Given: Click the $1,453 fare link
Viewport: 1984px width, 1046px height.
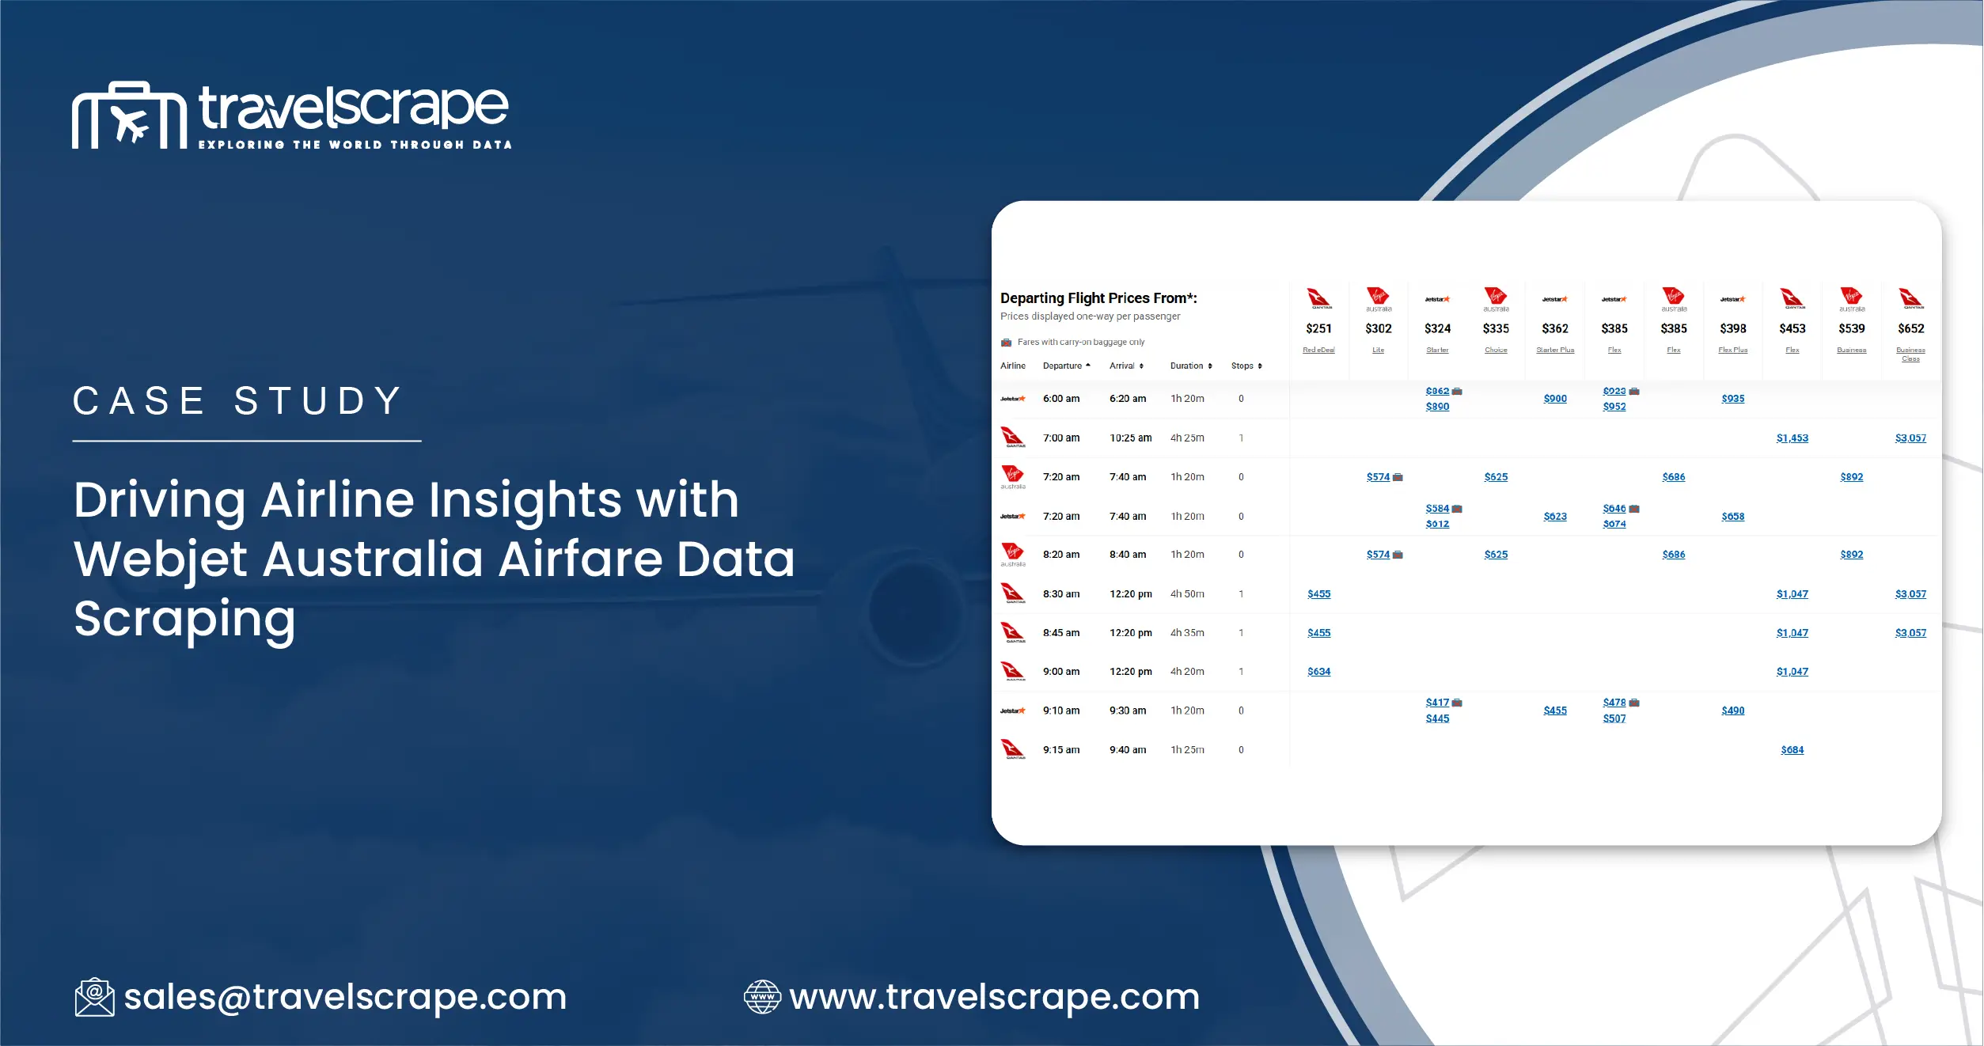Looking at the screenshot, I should [1792, 438].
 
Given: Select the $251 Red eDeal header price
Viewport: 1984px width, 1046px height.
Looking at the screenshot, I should [1318, 328].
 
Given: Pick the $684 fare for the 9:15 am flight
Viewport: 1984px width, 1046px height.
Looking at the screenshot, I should [1792, 750].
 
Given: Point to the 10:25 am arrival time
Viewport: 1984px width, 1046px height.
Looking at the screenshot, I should [1130, 438].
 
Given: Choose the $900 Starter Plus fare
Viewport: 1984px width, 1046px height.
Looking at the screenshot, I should [1554, 399].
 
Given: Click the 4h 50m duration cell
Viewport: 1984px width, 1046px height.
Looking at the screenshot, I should [1187, 594].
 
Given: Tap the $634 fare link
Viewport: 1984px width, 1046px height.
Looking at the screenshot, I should [1318, 672].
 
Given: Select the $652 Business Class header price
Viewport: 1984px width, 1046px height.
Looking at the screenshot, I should [1910, 328].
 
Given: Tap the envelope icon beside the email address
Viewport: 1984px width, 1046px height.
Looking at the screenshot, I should [94, 997].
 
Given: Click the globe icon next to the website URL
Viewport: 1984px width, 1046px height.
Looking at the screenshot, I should [762, 997].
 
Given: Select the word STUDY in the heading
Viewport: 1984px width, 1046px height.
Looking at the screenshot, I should [318, 401].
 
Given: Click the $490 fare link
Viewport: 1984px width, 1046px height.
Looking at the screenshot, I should [1732, 711].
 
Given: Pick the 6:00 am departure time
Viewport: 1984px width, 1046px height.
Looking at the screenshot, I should [1060, 399].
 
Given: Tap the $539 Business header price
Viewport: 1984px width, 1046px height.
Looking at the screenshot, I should [1851, 328].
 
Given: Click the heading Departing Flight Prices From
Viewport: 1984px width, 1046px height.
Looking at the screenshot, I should [1098, 298].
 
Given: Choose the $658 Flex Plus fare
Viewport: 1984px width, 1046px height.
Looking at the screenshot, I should [1732, 517].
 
